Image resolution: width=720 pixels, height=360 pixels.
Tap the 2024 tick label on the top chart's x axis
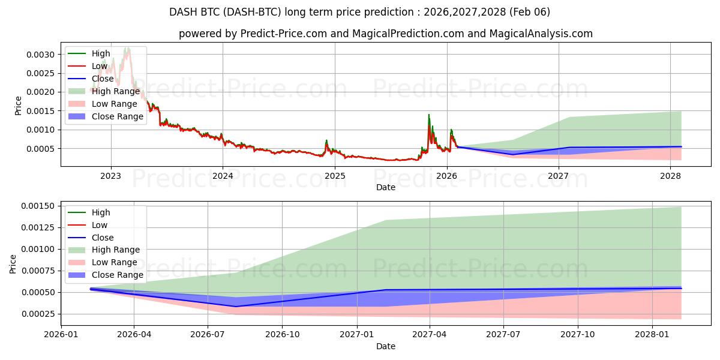[223, 176]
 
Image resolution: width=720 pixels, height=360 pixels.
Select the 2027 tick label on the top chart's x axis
[559, 176]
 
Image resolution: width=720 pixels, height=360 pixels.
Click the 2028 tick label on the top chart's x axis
[670, 176]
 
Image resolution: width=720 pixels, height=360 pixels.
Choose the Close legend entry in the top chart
[103, 79]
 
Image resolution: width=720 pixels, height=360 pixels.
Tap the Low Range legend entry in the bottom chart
[114, 262]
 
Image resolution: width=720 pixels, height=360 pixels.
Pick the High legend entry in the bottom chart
[101, 212]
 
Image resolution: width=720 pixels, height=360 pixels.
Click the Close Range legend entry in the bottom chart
[117, 275]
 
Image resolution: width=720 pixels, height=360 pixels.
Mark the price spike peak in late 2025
[428, 115]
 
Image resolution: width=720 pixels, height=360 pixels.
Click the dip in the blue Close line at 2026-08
[235, 307]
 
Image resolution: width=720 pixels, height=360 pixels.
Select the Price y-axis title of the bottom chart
[13, 263]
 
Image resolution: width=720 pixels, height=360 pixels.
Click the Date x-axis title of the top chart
[386, 187]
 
